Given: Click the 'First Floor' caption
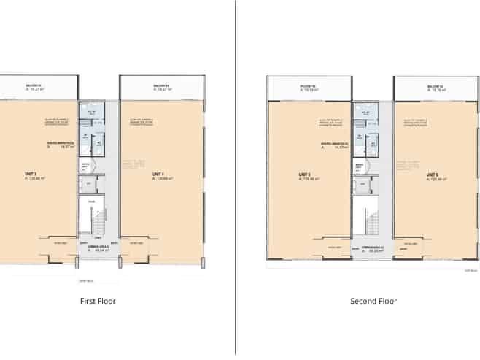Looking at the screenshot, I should coord(98,301).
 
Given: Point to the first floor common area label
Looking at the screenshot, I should coord(93,249).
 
